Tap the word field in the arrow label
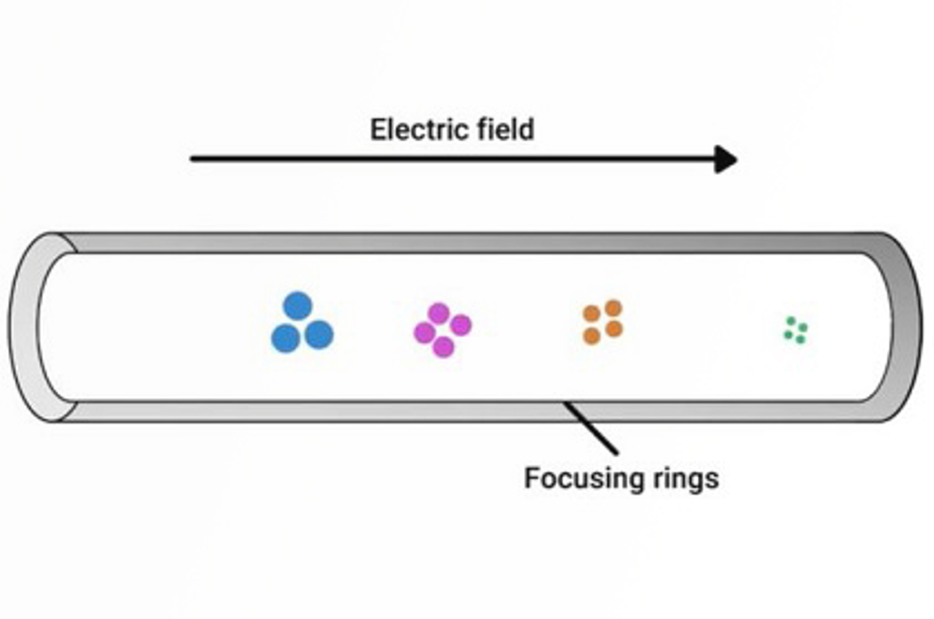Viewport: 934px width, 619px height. [506, 130]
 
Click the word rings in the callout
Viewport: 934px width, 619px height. [690, 478]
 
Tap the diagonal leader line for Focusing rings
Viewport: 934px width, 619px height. [591, 428]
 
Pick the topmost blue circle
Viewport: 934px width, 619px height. [298, 306]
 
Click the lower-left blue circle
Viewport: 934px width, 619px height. [285, 338]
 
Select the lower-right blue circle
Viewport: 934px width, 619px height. [319, 335]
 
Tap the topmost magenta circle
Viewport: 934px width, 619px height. [438, 314]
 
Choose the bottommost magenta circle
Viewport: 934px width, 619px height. [443, 347]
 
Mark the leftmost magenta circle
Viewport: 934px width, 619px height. [424, 333]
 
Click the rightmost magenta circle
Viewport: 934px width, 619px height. [461, 325]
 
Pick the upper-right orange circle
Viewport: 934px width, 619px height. [613, 308]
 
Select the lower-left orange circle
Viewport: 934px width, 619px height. [591, 336]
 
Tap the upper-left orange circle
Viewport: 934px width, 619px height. [591, 314]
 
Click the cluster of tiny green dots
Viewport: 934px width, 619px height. [795, 331]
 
